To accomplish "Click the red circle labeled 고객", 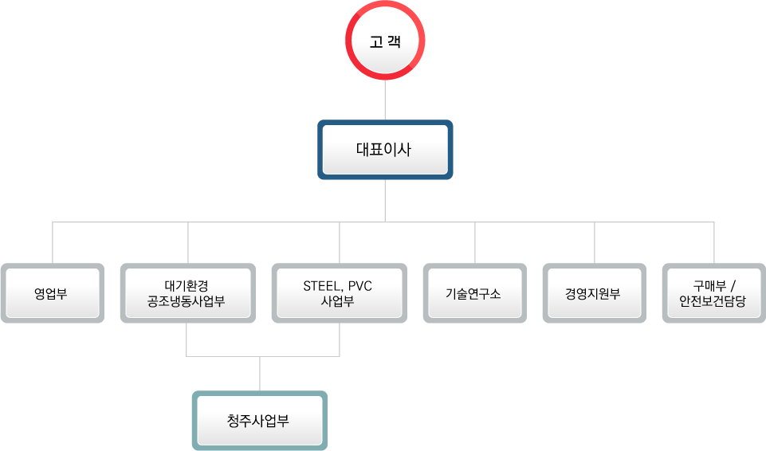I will pyautogui.click(x=385, y=41).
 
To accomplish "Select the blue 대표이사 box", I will pyautogui.click(x=385, y=149).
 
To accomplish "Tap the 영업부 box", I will pyautogui.click(x=52, y=292).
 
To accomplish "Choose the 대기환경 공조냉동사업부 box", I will pyautogui.click(x=187, y=292).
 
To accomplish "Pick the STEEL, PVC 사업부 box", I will pyautogui.click(x=339, y=292).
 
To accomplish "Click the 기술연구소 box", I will pyautogui.click(x=474, y=292).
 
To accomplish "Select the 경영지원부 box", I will pyautogui.click(x=594, y=292).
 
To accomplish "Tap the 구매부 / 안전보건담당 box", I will pyautogui.click(x=713, y=292).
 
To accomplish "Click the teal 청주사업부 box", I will pyautogui.click(x=259, y=420).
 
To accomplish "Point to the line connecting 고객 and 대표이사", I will pyautogui.click(x=385, y=100).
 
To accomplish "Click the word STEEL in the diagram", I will pyautogui.click(x=320, y=285).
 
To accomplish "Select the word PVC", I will pyautogui.click(x=360, y=285).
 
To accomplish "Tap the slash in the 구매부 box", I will pyautogui.click(x=733, y=285).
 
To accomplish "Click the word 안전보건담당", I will pyautogui.click(x=713, y=301).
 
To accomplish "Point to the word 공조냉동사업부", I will pyautogui.click(x=187, y=301).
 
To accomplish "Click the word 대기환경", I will pyautogui.click(x=187, y=285).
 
